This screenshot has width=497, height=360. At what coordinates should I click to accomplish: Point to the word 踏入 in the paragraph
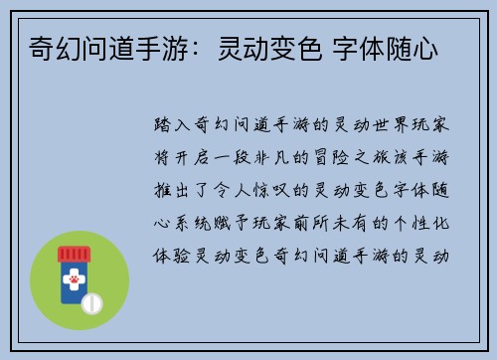(174, 127)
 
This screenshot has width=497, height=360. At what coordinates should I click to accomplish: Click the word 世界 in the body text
(393, 127)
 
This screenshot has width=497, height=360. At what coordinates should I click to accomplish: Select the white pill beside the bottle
(90, 300)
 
